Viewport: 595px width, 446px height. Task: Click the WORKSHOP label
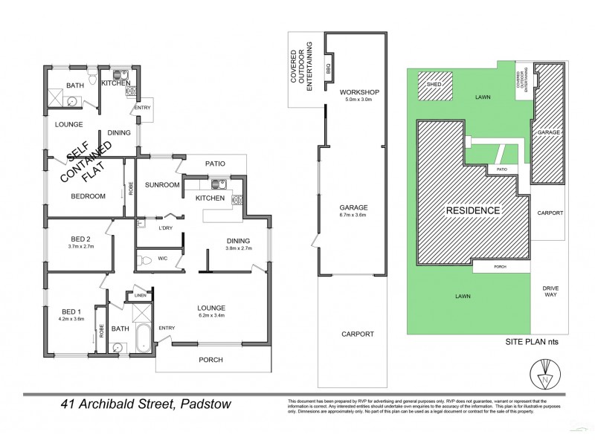pos(360,92)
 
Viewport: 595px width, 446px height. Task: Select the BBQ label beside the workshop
pos(328,67)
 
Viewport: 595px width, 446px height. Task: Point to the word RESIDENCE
pos(472,210)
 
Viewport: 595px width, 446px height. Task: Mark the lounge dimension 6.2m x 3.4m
pos(211,315)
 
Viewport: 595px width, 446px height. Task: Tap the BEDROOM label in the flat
pos(87,196)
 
